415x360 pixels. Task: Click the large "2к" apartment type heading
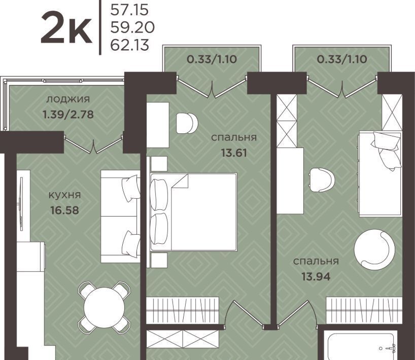pyautogui.click(x=66, y=28)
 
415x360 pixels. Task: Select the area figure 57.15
pyautogui.click(x=129, y=10)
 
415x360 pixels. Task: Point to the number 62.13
pyautogui.click(x=130, y=45)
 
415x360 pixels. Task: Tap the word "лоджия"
pyautogui.click(x=68, y=99)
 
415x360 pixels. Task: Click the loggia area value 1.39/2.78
pyautogui.click(x=68, y=115)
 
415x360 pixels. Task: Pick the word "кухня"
pyautogui.click(x=65, y=195)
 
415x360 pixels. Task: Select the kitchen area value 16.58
pyautogui.click(x=65, y=210)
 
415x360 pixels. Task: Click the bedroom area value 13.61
pyautogui.click(x=234, y=153)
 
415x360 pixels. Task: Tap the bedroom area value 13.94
pyautogui.click(x=316, y=277)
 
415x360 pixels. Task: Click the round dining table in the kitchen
pyautogui.click(x=105, y=307)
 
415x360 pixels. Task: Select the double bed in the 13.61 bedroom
pyautogui.click(x=193, y=212)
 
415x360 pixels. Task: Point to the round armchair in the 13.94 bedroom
pyautogui.click(x=374, y=249)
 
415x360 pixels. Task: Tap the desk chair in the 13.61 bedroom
pyautogui.click(x=187, y=123)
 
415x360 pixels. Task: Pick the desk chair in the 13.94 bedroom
pyautogui.click(x=322, y=179)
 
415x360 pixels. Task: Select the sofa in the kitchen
pyautogui.click(x=120, y=217)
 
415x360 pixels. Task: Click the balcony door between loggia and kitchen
pyautogui.click(x=94, y=144)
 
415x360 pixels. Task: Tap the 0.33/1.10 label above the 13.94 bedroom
pyautogui.click(x=342, y=59)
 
